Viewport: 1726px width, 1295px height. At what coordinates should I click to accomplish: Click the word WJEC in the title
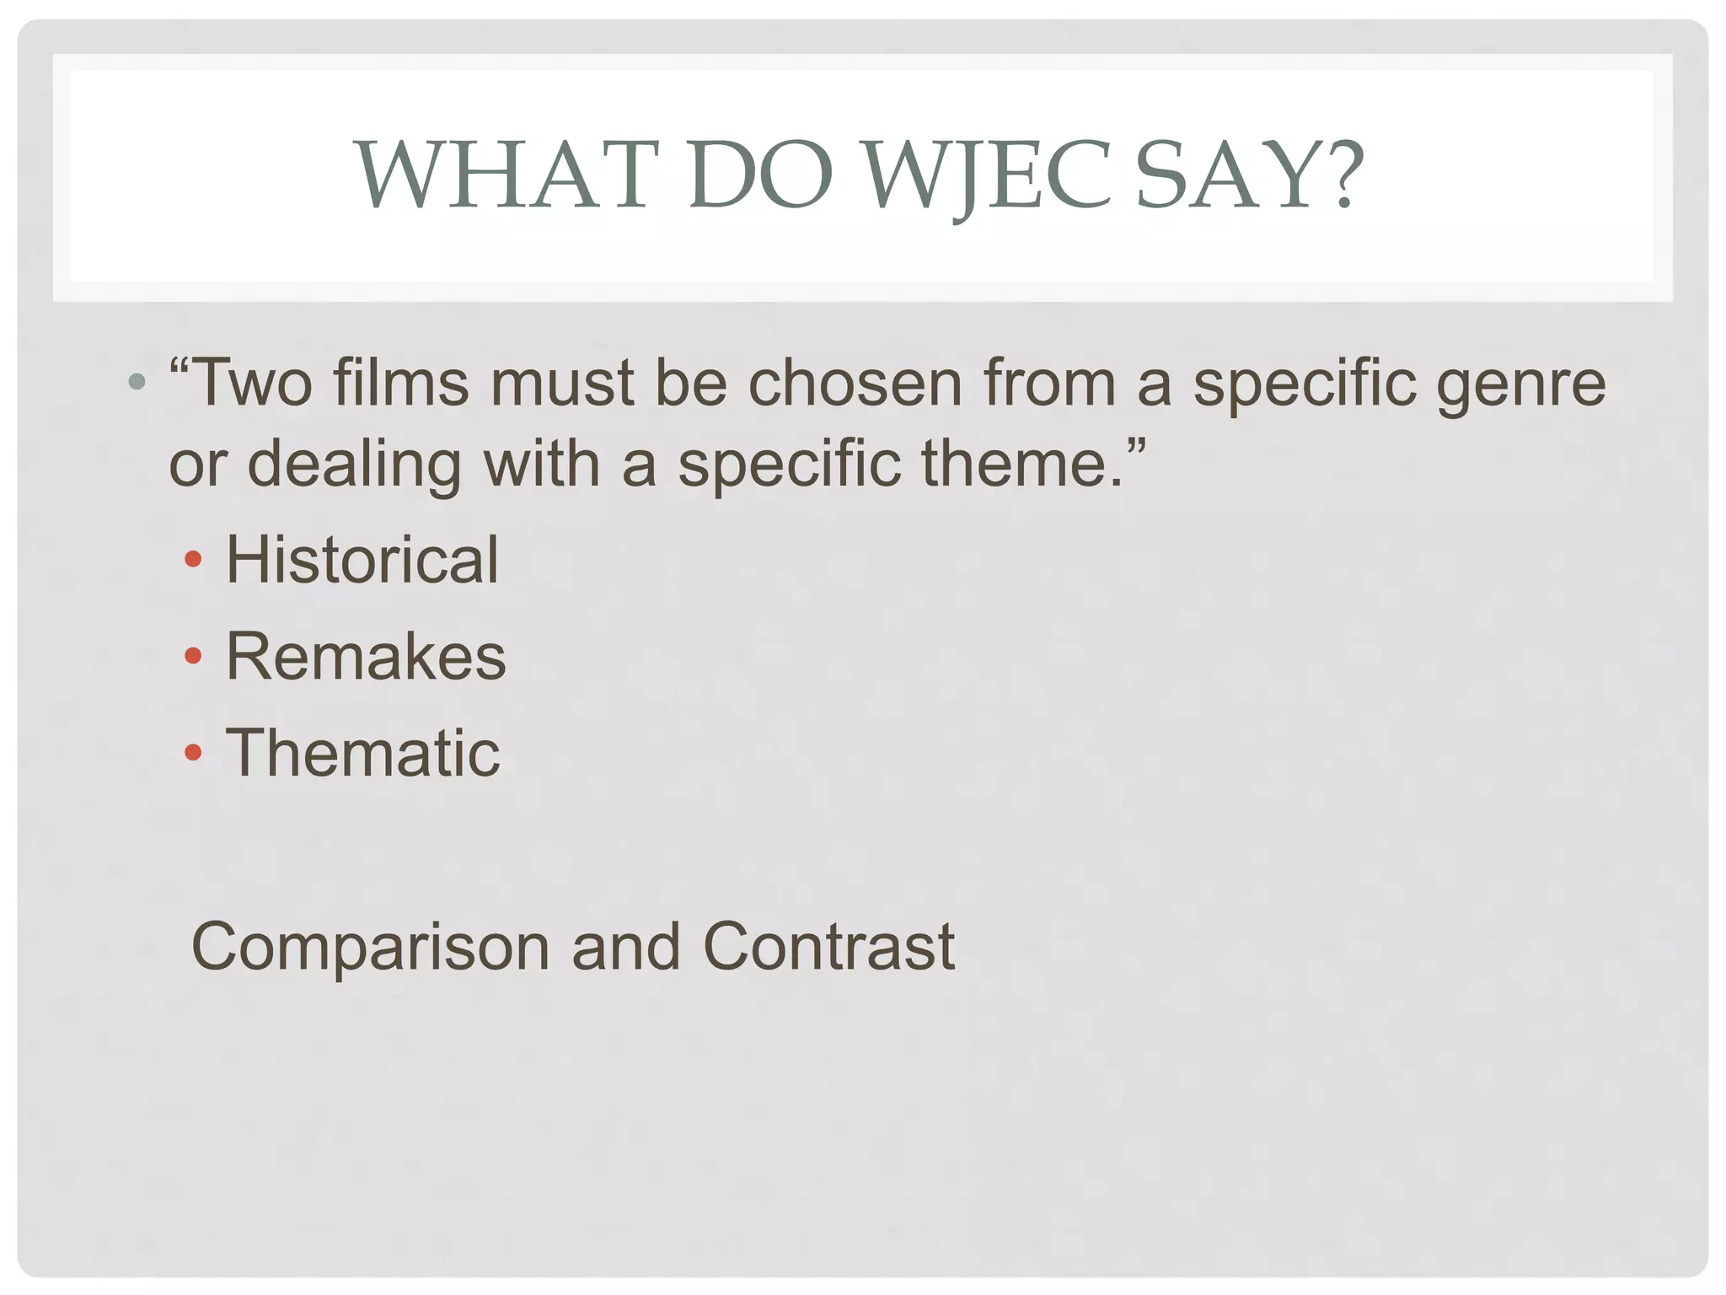tap(989, 175)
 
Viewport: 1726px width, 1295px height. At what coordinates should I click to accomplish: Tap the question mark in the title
tap(1336, 175)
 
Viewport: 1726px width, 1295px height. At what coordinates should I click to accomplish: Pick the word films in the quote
tap(400, 384)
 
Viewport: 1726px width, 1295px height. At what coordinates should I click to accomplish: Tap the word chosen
tap(855, 384)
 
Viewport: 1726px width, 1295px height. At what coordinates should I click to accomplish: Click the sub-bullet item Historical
tap(362, 560)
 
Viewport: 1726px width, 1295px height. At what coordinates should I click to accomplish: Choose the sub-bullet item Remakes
tap(366, 657)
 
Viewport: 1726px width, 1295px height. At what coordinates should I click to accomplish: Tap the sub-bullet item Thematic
tap(362, 753)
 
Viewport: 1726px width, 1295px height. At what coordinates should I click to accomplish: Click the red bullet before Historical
tap(193, 559)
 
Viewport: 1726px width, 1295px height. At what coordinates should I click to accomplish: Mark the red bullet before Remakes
tap(193, 656)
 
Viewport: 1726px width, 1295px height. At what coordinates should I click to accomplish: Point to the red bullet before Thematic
tap(193, 752)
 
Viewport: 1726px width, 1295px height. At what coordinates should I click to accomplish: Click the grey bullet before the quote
tap(137, 383)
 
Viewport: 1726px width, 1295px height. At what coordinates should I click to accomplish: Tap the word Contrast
tap(828, 947)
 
